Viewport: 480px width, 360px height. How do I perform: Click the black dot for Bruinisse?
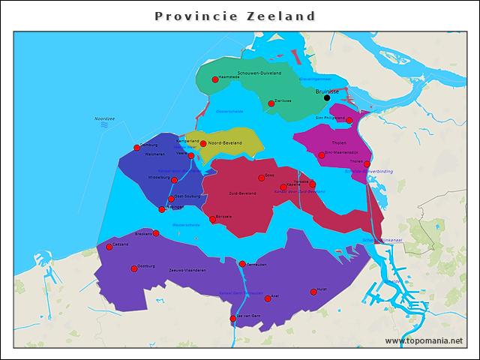coord(326,97)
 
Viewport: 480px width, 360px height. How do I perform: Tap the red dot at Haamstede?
coord(215,79)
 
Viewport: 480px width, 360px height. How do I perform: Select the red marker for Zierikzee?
coord(271,103)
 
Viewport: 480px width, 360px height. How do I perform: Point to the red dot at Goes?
coord(261,178)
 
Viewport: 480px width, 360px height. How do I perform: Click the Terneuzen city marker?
coord(242,264)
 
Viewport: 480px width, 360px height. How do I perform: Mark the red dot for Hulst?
coord(313,292)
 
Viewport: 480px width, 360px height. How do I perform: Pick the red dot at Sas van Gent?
coord(232,319)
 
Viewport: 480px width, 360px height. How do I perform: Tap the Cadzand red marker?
coord(109,247)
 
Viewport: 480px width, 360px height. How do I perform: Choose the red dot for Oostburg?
coord(134,268)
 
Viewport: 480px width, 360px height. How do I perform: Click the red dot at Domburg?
coord(136,148)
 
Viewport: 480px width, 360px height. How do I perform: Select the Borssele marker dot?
coord(212,219)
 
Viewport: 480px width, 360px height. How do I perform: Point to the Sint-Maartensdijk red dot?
coord(321,155)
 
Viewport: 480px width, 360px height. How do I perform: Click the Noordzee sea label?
coord(104,118)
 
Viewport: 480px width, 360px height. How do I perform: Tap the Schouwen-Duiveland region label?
coord(259,73)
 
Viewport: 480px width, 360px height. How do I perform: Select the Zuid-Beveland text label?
coord(242,193)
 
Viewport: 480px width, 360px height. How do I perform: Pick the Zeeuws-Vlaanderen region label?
coord(187,269)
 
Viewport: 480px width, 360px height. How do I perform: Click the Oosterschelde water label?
coord(229,111)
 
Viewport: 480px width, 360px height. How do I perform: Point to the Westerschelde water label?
coord(186,224)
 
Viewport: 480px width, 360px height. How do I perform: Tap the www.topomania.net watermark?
coord(424,340)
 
